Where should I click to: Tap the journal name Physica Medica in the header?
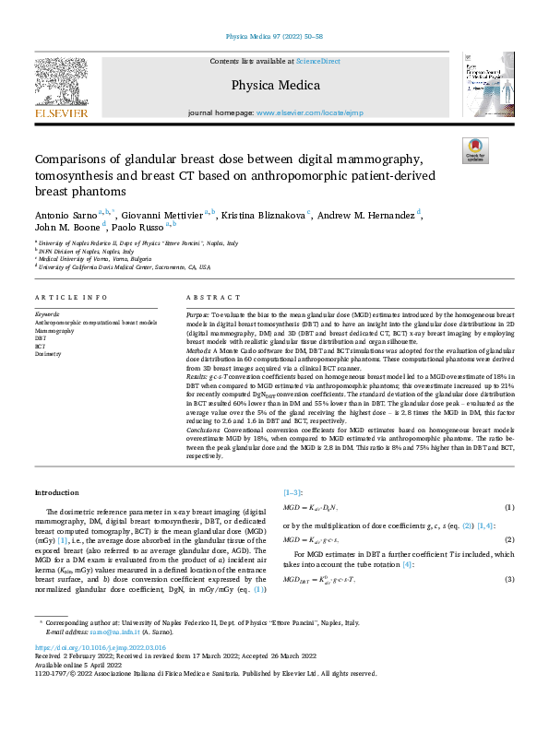point(275,85)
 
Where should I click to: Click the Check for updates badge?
point(474,149)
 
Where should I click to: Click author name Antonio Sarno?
point(65,215)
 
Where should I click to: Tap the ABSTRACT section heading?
point(207,299)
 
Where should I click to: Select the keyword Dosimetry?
point(48,353)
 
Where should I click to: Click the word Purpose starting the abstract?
point(200,314)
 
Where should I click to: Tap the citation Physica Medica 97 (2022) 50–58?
point(274,38)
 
